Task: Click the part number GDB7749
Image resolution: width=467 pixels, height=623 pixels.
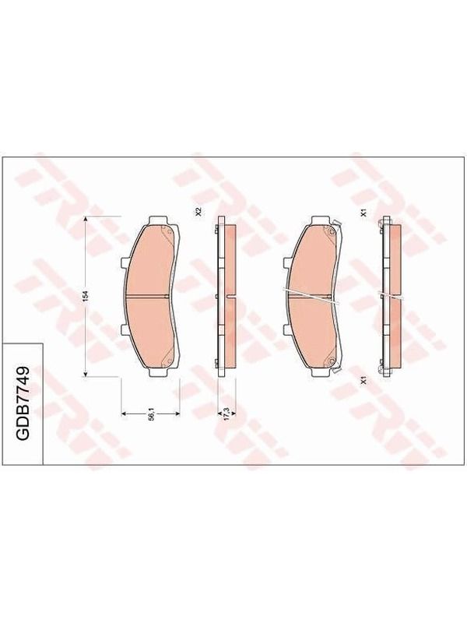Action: pos(23,403)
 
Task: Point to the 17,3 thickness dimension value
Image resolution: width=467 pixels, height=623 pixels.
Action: pos(226,412)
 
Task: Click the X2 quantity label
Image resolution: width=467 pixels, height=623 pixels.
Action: pos(199,211)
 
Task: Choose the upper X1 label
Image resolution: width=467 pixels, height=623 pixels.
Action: pos(363,213)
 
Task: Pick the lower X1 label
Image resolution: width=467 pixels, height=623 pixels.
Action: pos(363,380)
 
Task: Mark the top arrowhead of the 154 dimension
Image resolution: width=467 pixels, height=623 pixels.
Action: pos(85,219)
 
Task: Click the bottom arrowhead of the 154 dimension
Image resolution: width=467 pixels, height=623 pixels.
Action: pos(85,373)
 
